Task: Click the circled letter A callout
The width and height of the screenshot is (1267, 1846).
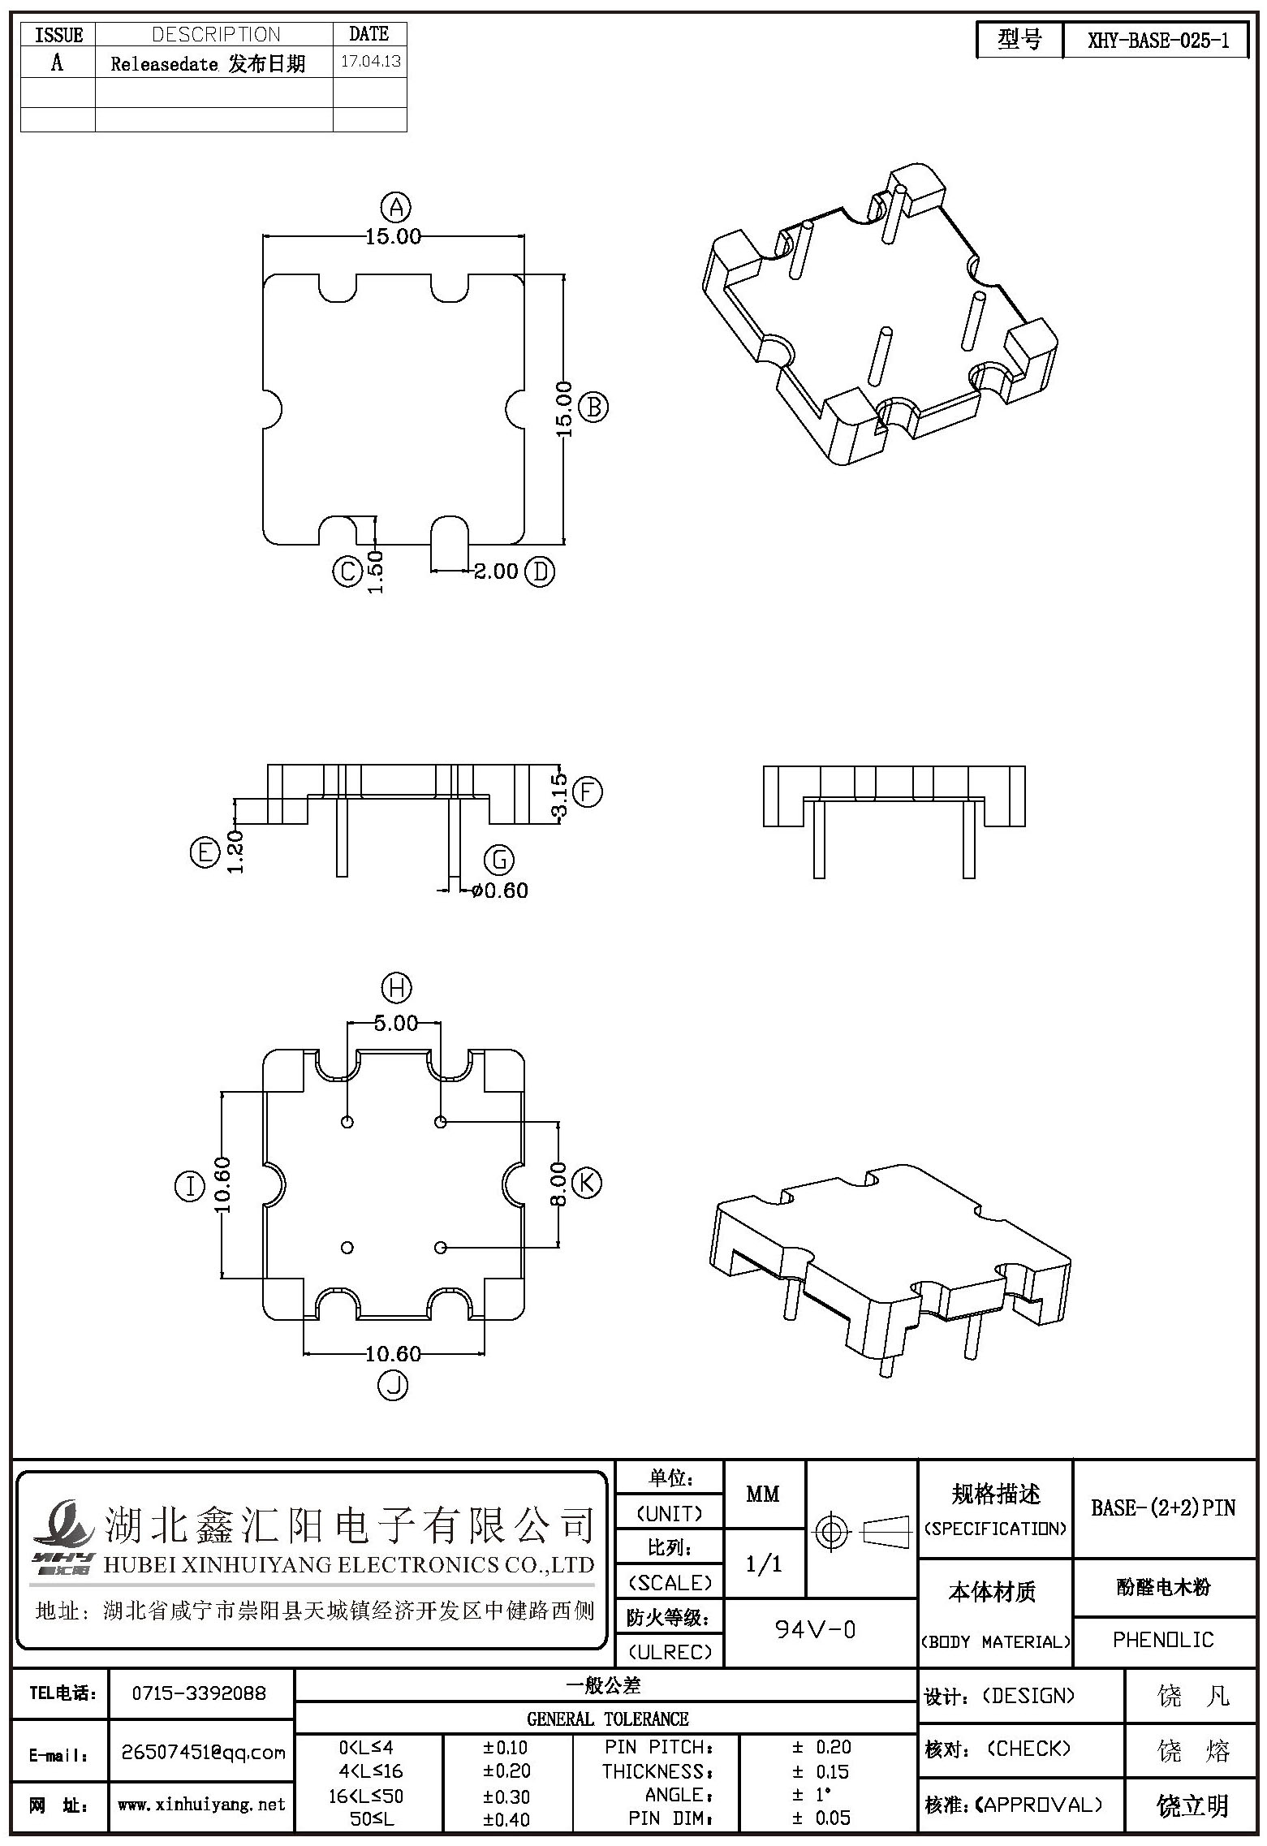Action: click(396, 208)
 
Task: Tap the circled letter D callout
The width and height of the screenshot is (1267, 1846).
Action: click(540, 571)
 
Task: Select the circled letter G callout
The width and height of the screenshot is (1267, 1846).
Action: click(499, 860)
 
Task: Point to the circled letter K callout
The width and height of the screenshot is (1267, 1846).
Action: click(587, 1182)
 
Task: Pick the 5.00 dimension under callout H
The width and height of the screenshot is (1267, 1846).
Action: click(396, 1023)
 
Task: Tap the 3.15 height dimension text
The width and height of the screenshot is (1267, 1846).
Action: click(558, 796)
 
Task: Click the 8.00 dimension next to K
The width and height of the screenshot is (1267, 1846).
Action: click(558, 1184)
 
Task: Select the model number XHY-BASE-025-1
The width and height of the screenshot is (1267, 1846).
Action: click(1158, 41)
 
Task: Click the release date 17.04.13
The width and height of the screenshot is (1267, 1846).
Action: click(371, 62)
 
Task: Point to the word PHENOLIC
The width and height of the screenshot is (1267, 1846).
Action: click(1163, 1640)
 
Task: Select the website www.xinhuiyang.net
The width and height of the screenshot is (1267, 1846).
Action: click(201, 1804)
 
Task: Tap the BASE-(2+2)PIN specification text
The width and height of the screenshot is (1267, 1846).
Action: click(1163, 1507)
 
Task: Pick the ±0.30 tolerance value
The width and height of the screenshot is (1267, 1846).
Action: click(506, 1796)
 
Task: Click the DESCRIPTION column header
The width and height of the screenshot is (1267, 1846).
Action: click(216, 34)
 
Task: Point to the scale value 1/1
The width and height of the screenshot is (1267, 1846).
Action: click(763, 1563)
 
